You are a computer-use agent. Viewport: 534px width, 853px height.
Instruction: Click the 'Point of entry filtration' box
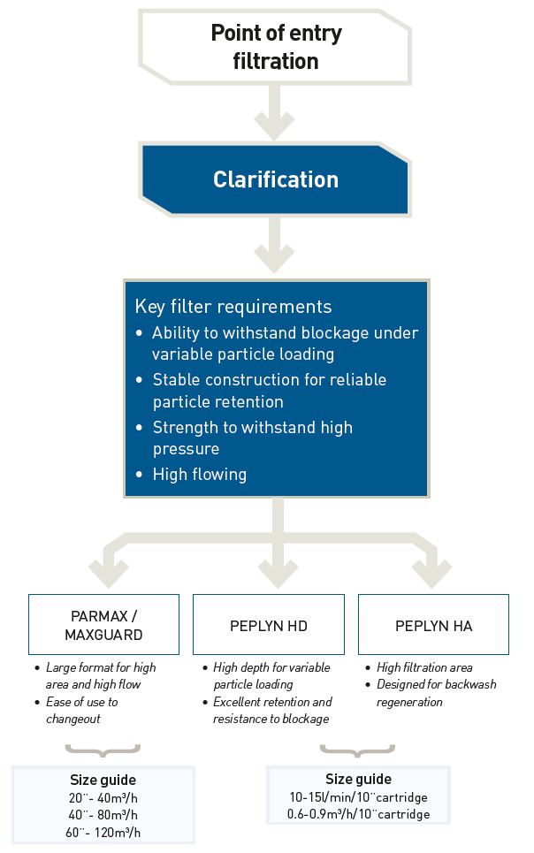pyautogui.click(x=275, y=48)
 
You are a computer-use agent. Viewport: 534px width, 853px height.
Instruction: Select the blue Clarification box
pyautogui.click(x=275, y=180)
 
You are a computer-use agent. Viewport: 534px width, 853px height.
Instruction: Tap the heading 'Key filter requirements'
pyautogui.click(x=233, y=307)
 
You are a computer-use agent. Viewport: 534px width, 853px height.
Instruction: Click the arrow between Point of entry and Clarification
pyautogui.click(x=275, y=116)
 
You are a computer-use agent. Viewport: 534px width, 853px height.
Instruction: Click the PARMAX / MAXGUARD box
pyautogui.click(x=103, y=624)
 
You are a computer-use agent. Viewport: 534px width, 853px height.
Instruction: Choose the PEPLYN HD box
pyautogui.click(x=268, y=625)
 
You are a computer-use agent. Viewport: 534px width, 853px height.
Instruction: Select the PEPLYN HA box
pyautogui.click(x=433, y=625)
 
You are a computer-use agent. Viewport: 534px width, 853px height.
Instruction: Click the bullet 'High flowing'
pyautogui.click(x=199, y=475)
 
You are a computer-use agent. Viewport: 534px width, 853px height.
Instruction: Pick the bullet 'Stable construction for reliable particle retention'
pyautogui.click(x=269, y=391)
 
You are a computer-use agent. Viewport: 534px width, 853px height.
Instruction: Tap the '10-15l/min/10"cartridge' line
pyautogui.click(x=358, y=796)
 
